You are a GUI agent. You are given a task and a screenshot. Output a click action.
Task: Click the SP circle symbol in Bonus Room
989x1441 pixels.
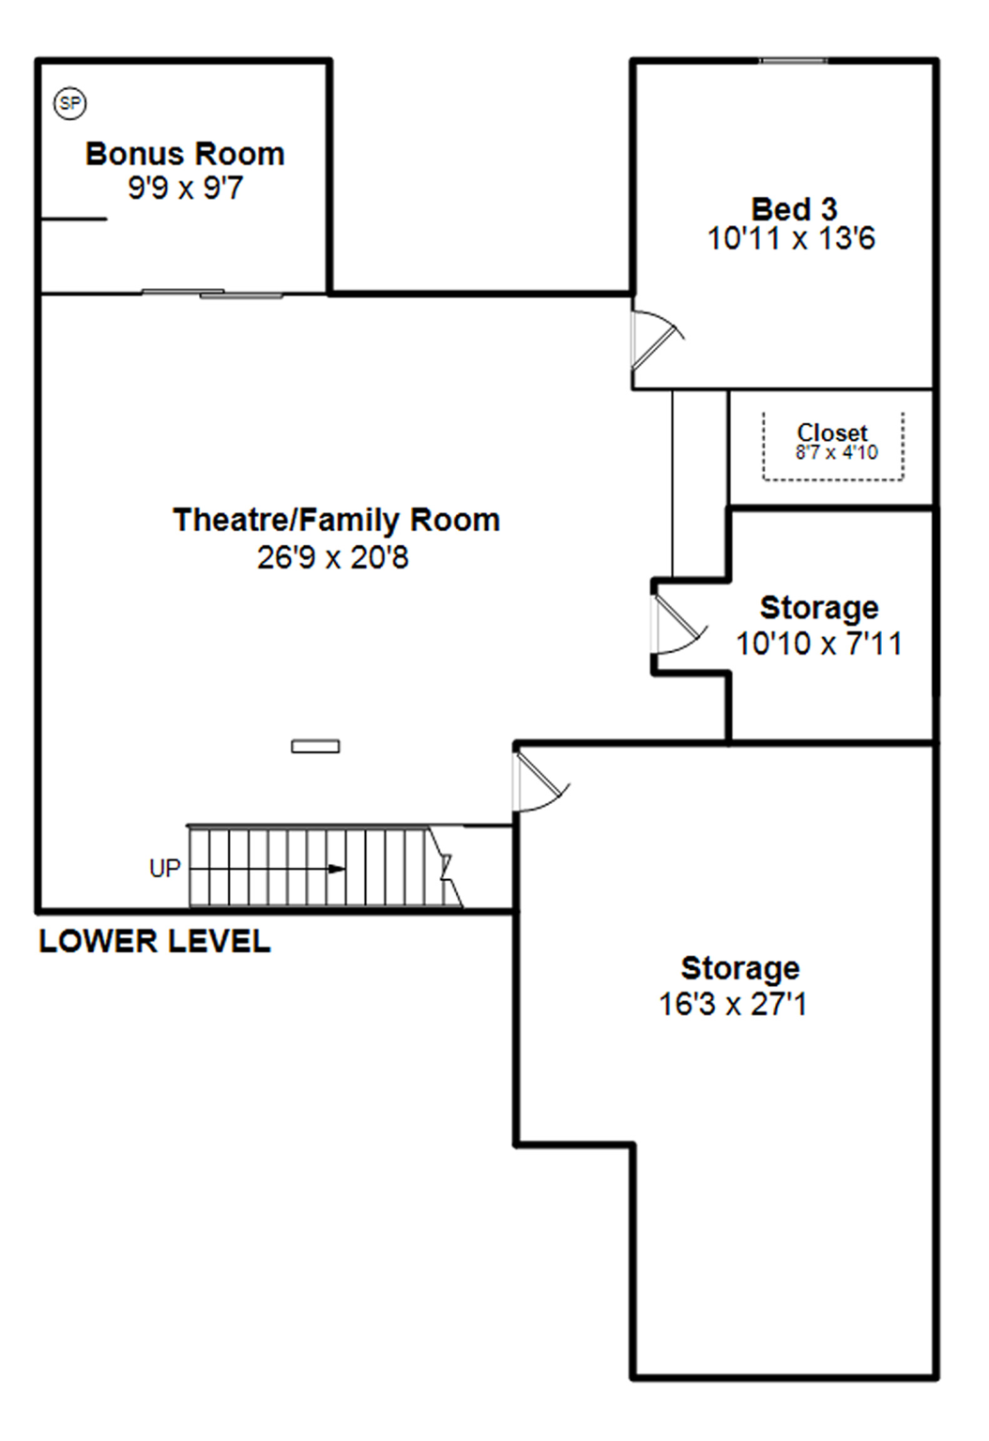[x=70, y=103]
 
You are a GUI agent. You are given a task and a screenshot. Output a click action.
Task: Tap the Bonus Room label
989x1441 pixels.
[x=185, y=155]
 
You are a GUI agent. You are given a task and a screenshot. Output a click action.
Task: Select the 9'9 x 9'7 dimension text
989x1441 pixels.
[x=185, y=189]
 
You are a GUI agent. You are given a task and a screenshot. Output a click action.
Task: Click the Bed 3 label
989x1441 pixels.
[x=795, y=209]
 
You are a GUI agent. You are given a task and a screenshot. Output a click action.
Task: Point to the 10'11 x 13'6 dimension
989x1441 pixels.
[x=791, y=238]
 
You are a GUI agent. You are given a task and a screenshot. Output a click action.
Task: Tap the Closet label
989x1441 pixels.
[x=832, y=432]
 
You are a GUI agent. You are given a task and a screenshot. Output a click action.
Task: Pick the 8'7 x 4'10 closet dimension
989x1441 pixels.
[x=836, y=453]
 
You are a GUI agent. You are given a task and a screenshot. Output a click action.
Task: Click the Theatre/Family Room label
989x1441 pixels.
[x=337, y=521]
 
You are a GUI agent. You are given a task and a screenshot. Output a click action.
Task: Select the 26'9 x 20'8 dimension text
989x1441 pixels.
[x=333, y=558]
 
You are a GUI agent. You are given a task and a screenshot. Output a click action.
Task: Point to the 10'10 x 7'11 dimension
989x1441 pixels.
[x=819, y=644]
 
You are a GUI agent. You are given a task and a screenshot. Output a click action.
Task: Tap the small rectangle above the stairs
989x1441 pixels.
[x=315, y=747]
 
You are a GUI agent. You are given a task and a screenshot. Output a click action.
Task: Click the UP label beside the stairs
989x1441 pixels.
[x=165, y=869]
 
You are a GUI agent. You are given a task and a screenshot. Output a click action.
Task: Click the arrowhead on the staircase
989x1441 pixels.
[x=336, y=870]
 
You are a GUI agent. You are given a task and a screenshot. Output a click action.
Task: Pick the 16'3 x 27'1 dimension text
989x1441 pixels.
[x=733, y=1004]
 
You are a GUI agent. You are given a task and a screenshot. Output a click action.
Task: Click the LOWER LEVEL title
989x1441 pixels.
[x=155, y=942]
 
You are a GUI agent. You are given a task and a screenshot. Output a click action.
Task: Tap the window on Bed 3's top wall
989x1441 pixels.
[x=793, y=61]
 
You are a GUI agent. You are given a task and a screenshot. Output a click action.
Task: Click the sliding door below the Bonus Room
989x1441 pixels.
[x=212, y=294]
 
